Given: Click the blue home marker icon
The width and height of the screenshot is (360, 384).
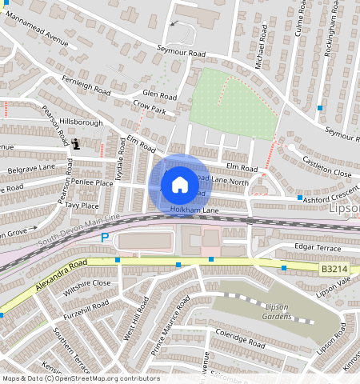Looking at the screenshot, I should [180, 185].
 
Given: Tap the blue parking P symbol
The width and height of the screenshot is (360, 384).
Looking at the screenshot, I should [104, 238].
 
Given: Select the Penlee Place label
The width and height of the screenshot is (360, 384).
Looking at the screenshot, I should [94, 183].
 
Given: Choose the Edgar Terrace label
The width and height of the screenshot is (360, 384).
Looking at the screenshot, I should [318, 248].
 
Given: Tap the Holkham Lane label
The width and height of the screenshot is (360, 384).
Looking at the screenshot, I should [194, 210].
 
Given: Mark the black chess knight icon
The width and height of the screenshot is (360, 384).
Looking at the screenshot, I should [76, 144].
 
